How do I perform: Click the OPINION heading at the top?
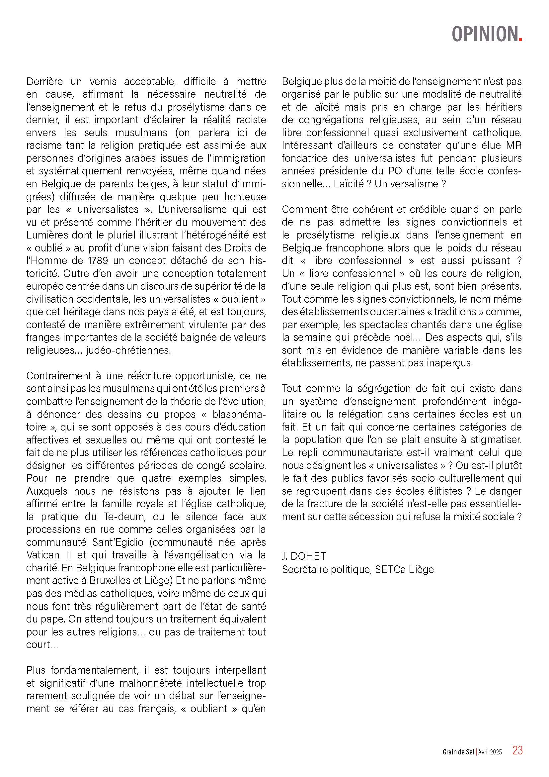[x=485, y=34]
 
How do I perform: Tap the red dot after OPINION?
[x=520, y=40]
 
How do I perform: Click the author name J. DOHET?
[x=304, y=556]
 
